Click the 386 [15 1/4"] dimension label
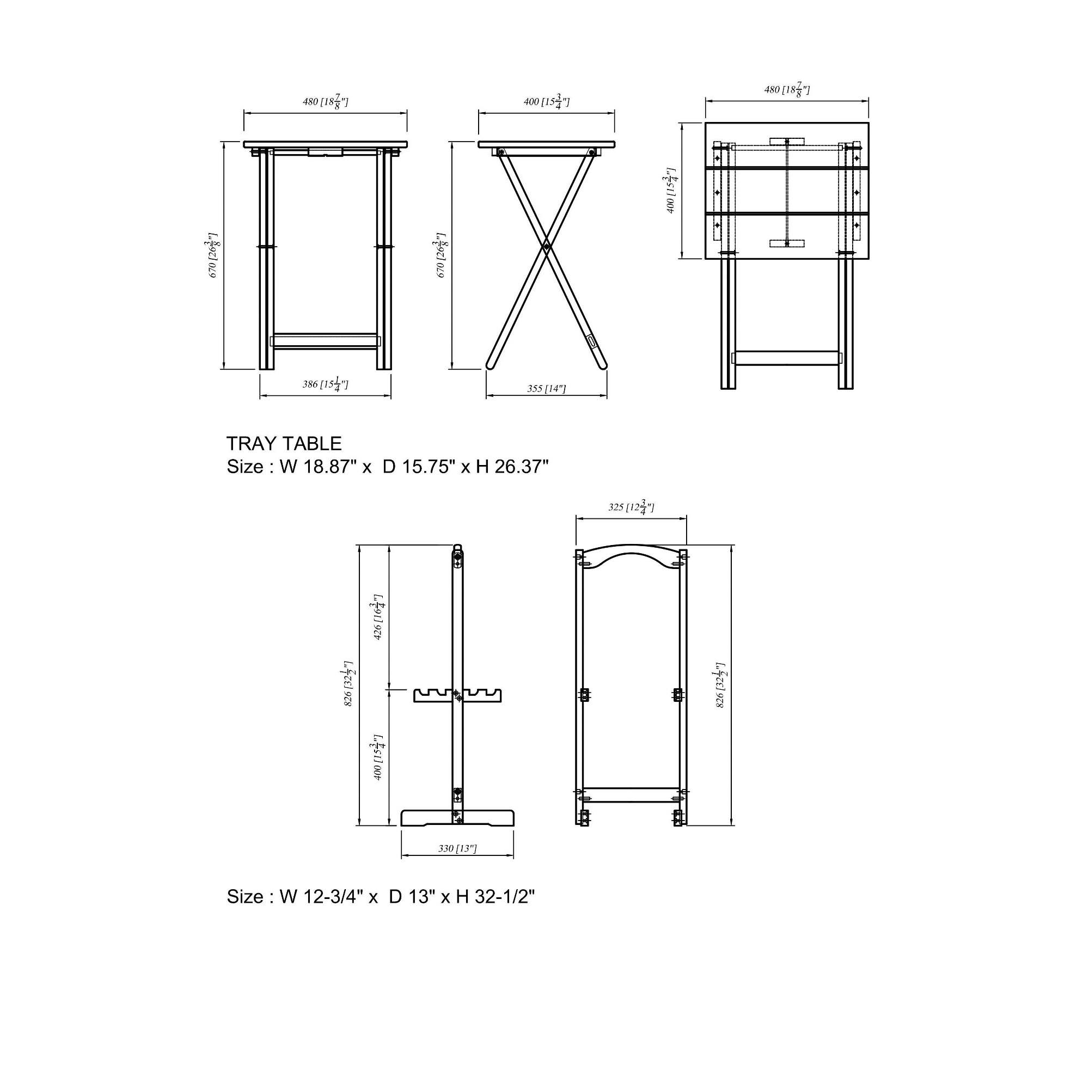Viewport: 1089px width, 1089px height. (x=325, y=384)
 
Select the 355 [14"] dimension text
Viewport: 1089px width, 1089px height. (x=546, y=388)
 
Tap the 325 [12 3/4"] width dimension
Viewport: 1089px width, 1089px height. (x=631, y=508)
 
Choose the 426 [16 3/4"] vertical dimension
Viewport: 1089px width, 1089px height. (x=379, y=617)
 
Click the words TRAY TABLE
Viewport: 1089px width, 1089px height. (x=284, y=444)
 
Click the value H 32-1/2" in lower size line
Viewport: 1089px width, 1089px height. (x=495, y=897)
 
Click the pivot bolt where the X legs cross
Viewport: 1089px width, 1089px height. (x=546, y=246)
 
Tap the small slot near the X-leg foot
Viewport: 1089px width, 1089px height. (x=591, y=341)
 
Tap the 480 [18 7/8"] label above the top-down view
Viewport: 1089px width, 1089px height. (x=786, y=90)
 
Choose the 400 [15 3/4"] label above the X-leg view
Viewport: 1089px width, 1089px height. (x=546, y=102)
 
